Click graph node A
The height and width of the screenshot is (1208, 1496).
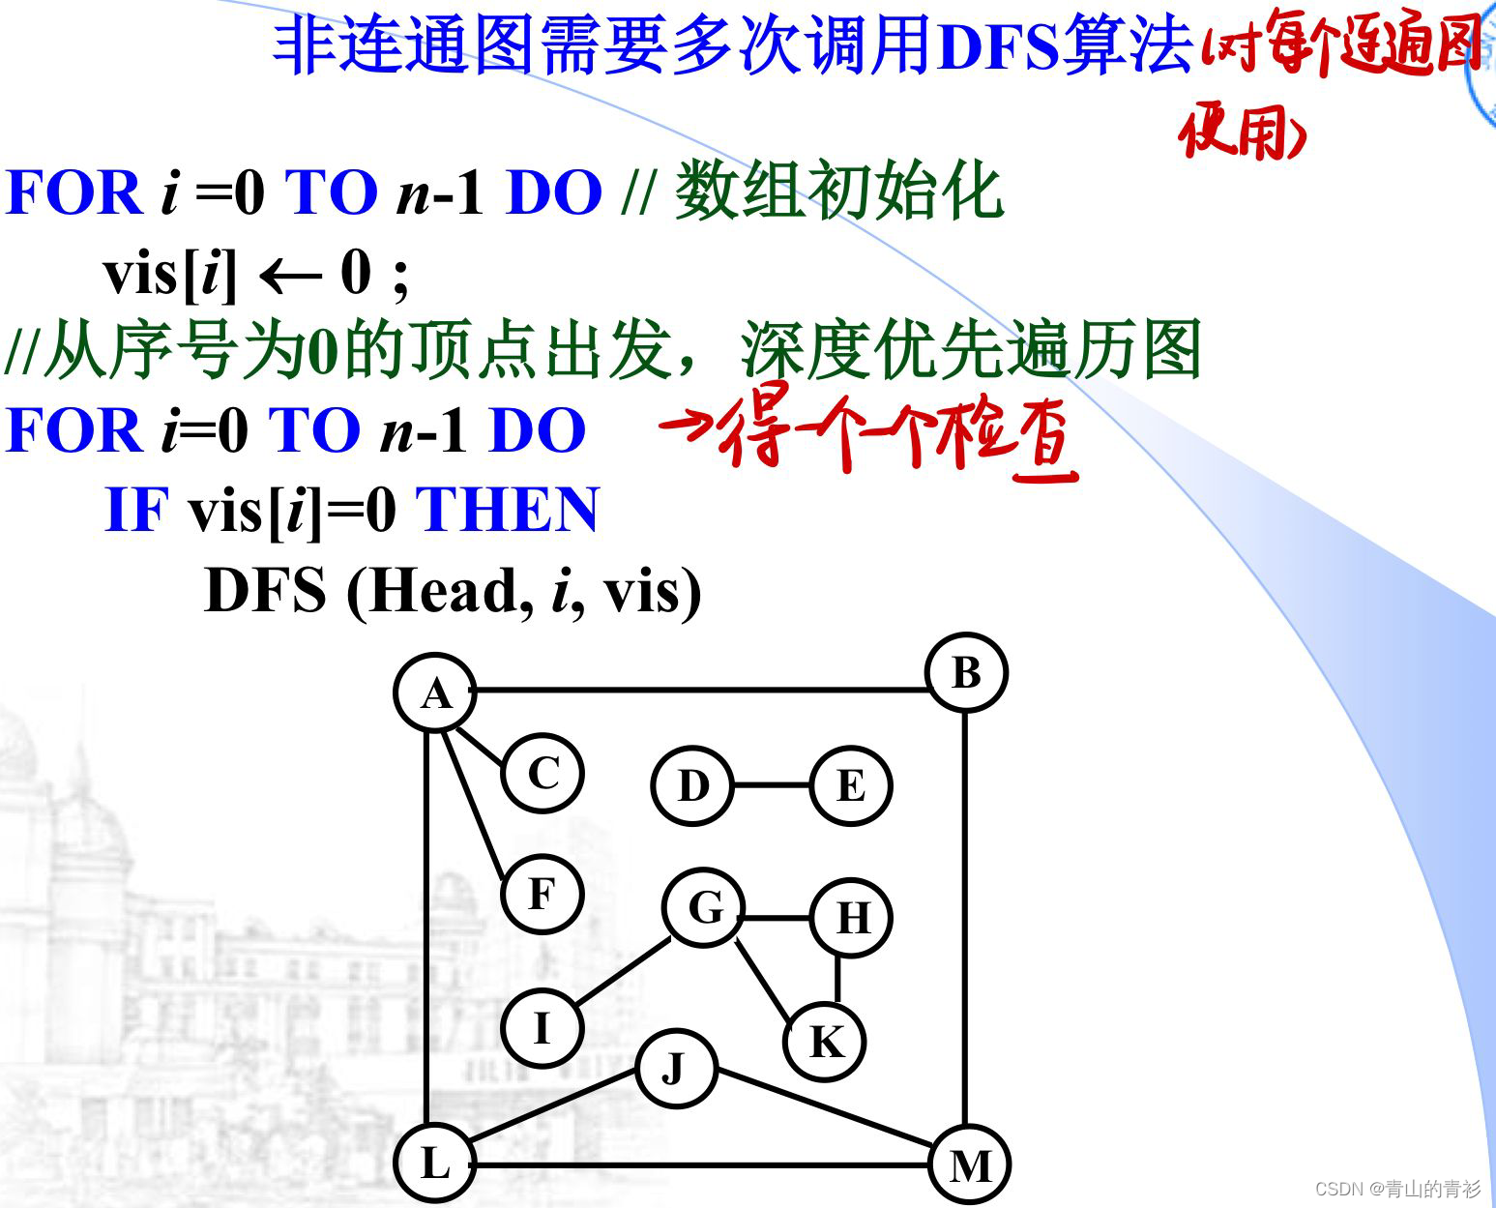435,692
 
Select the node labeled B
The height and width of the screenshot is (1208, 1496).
966,673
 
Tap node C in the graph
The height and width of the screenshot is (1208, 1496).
543,774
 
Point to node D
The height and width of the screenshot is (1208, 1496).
692,785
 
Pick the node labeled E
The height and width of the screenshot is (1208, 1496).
850,785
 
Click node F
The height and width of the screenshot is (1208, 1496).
542,894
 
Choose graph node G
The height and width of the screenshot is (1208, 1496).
704,908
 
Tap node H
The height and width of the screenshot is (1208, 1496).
851,917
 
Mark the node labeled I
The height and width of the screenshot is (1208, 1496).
542,1027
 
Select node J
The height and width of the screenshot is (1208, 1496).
675,1069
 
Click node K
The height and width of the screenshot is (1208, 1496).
825,1042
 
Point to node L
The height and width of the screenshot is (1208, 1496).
435,1164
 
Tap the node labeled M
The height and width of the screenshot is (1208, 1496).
969,1165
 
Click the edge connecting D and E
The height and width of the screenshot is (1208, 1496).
771,785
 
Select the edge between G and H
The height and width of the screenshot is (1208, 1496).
777,916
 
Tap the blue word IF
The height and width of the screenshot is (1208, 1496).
135,510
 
